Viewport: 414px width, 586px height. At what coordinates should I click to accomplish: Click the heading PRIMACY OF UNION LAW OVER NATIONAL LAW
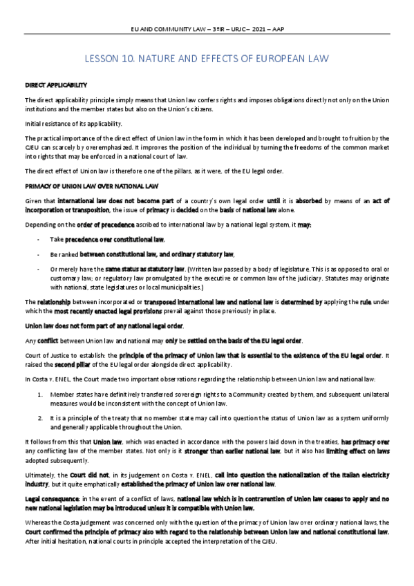pyautogui.click(x=92, y=186)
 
